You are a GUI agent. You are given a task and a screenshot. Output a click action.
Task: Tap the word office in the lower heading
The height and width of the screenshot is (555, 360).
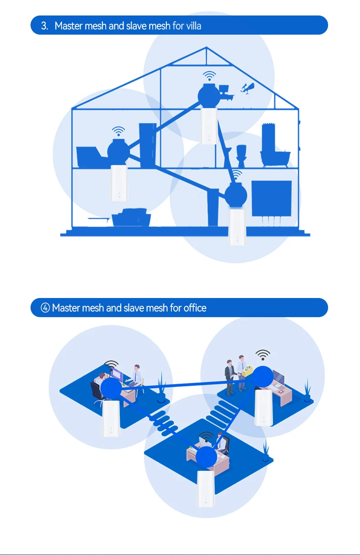click(x=195, y=308)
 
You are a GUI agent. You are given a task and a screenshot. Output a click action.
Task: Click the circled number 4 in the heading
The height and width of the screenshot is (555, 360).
click(x=46, y=308)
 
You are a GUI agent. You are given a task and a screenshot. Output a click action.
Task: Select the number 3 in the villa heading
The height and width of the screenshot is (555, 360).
click(x=44, y=26)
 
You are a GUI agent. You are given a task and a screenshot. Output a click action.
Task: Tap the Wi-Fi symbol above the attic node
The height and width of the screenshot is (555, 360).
click(x=210, y=76)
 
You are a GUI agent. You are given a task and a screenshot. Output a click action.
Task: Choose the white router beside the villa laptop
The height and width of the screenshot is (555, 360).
click(x=119, y=183)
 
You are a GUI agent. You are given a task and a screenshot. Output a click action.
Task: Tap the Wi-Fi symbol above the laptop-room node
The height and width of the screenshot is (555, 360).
click(x=118, y=132)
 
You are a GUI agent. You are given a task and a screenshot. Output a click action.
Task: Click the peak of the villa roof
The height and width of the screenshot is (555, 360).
click(x=206, y=47)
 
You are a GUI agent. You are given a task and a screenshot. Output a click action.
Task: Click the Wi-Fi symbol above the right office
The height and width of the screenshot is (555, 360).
click(x=262, y=354)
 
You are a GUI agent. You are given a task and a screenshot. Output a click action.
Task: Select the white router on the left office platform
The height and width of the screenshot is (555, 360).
click(x=111, y=417)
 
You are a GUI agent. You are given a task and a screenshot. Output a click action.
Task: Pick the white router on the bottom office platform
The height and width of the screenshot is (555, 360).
click(x=206, y=489)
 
